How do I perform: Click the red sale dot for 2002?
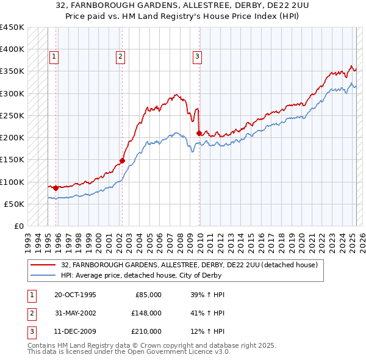(x=122, y=160)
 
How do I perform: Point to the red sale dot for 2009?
(x=199, y=133)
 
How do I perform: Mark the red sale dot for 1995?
(x=56, y=188)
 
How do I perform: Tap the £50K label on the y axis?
(x=15, y=204)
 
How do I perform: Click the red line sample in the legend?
(x=44, y=265)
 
